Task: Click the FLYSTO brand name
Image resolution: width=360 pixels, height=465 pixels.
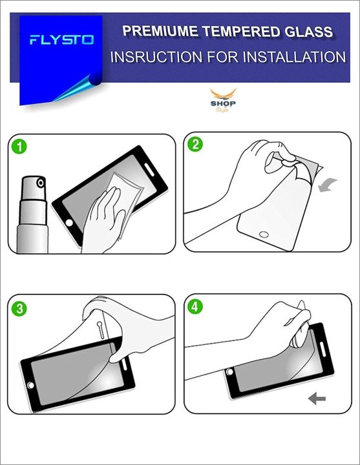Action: [x=62, y=40]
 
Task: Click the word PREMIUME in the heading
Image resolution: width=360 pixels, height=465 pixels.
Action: [x=160, y=31]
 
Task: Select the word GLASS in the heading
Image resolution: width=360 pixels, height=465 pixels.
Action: [x=309, y=32]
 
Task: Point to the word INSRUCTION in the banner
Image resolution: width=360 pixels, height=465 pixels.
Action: [x=156, y=57]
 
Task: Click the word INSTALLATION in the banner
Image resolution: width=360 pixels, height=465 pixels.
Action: [x=295, y=57]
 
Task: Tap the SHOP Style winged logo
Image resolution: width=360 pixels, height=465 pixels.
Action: [x=223, y=100]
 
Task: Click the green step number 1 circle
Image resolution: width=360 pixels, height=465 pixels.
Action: [x=19, y=147]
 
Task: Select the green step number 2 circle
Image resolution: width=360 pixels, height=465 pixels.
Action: [x=195, y=145]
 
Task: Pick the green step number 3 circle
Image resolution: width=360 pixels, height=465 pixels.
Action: [x=19, y=309]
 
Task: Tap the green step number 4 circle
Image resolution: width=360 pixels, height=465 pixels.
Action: [x=195, y=307]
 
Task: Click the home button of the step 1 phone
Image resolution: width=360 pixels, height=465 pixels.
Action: [x=69, y=223]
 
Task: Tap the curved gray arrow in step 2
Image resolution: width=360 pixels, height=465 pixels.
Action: [x=327, y=185]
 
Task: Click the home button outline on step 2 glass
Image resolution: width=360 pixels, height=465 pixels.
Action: [x=264, y=234]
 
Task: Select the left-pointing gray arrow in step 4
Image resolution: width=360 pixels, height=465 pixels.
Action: [x=317, y=398]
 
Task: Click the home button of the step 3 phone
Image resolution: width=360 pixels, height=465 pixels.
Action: [x=30, y=385]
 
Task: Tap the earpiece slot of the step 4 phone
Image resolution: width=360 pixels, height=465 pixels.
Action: [x=323, y=349]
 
